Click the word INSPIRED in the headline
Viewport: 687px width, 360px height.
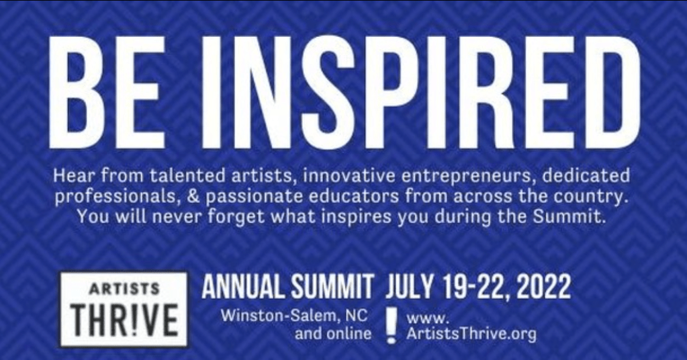(x=420, y=93)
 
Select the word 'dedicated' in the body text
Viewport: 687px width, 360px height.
(x=586, y=175)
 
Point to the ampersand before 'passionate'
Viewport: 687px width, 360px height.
(x=193, y=196)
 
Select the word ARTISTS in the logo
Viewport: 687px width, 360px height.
(x=124, y=289)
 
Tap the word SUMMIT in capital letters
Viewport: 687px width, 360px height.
(x=332, y=287)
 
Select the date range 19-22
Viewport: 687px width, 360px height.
(x=474, y=287)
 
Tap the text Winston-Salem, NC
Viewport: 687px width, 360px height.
(x=294, y=316)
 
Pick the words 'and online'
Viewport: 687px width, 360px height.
(x=333, y=334)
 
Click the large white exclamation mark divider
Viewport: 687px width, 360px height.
(x=392, y=325)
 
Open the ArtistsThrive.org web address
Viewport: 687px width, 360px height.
(x=471, y=326)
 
